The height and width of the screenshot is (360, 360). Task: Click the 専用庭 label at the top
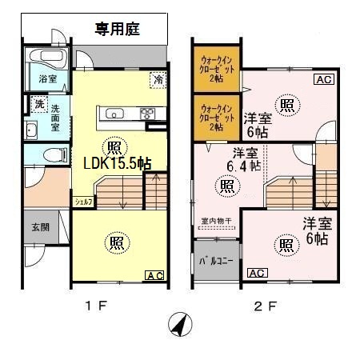[118, 30]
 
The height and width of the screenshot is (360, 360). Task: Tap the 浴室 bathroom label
[47, 79]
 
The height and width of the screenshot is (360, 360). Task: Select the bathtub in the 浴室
[47, 59]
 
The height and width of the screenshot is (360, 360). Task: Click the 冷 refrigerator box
[158, 80]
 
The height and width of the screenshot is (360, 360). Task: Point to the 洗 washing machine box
[38, 105]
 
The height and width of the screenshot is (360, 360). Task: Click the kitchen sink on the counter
[114, 113]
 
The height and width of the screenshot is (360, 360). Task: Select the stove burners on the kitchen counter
[148, 113]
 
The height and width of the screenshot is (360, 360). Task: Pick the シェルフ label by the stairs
[84, 202]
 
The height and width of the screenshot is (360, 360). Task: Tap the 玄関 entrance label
[40, 226]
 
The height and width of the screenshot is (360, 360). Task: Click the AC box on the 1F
[154, 275]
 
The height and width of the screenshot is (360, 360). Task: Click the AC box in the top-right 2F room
[324, 79]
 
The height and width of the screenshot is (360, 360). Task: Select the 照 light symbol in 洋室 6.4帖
[227, 186]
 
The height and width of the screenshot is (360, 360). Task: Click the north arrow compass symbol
[180, 326]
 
